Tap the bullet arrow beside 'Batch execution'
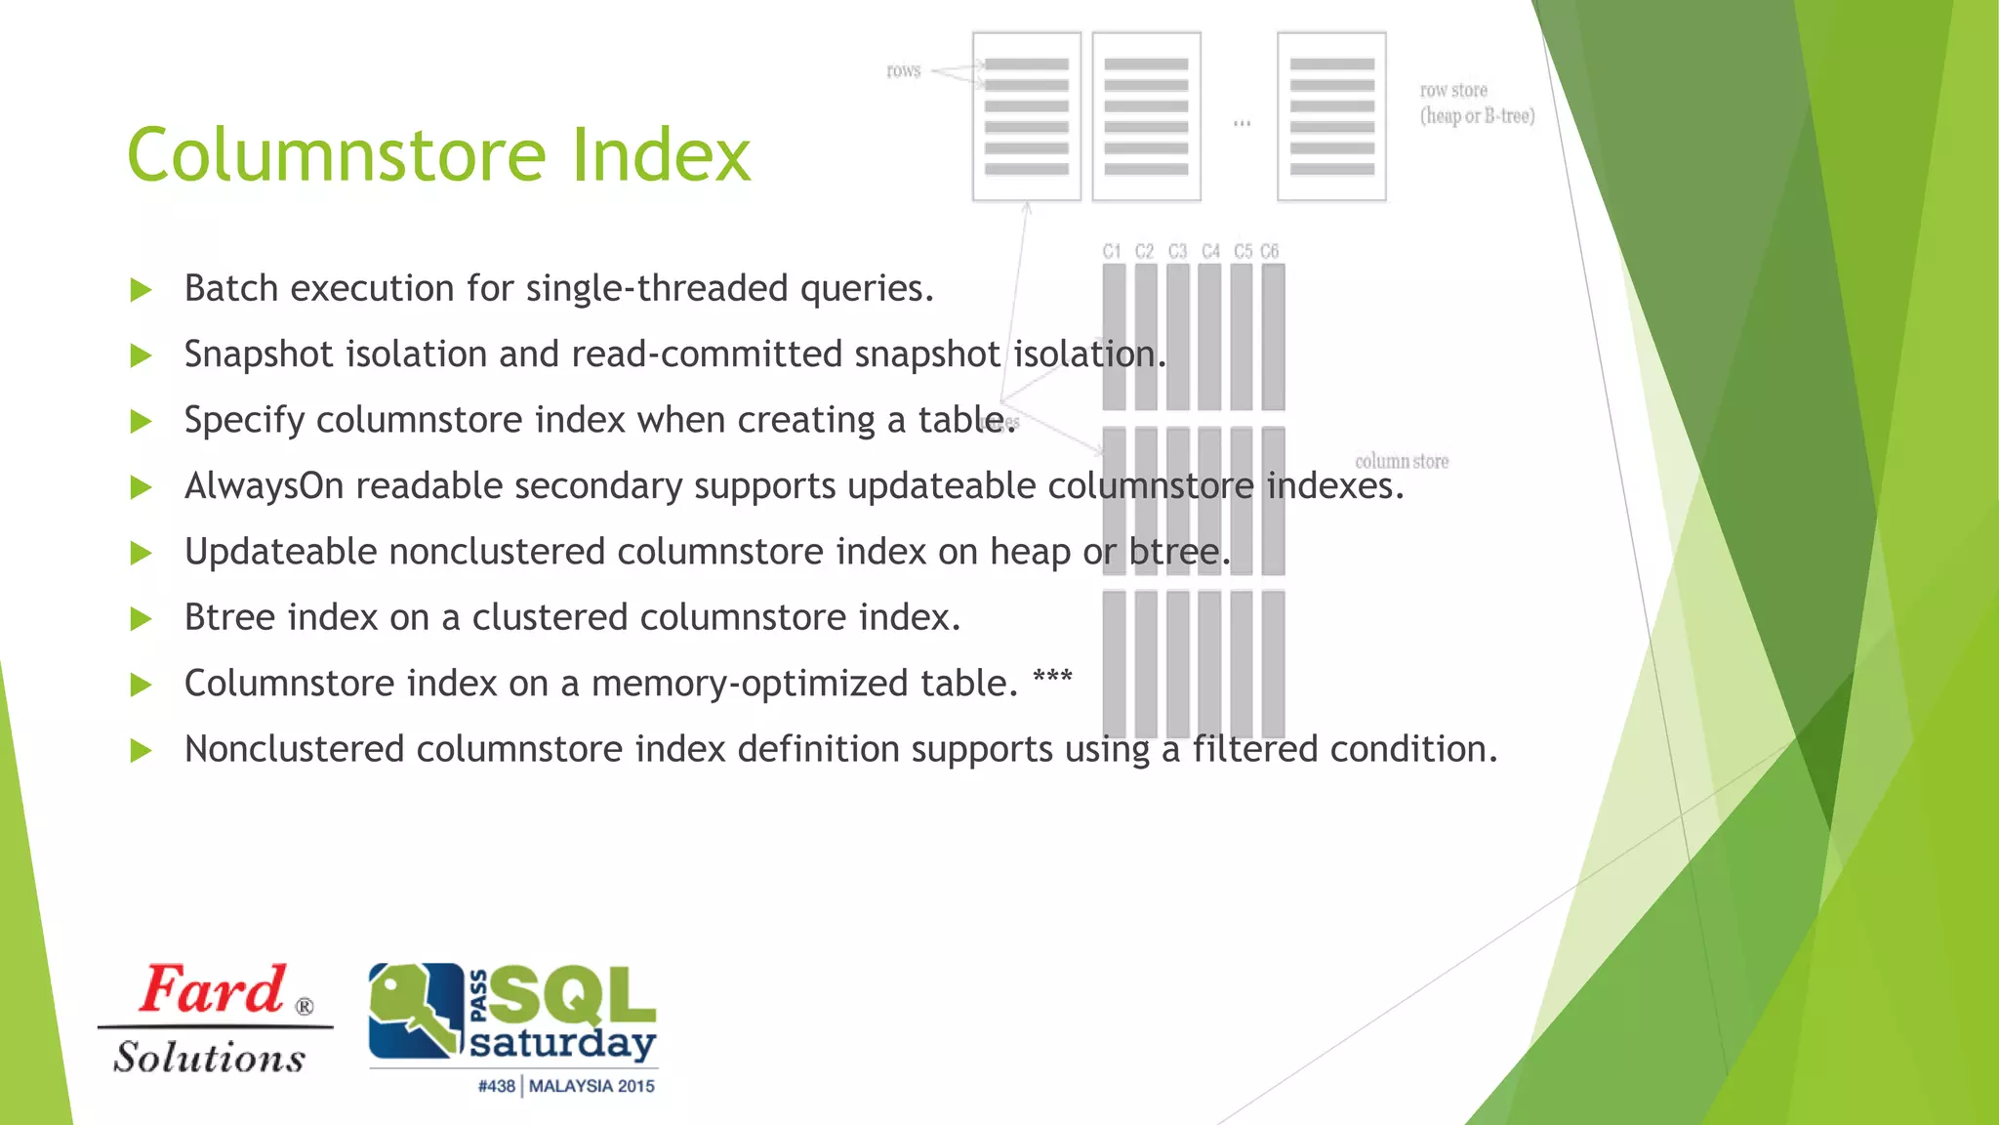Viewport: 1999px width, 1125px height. [142, 290]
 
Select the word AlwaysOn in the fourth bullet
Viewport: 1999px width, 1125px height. [264, 485]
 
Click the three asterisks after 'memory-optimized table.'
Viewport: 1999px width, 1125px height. [1052, 678]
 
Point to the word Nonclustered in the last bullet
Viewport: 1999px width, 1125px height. [294, 749]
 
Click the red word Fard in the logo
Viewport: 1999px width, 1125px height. [213, 989]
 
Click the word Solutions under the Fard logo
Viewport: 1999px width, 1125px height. [210, 1058]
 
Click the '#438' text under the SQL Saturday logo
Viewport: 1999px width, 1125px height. [496, 1086]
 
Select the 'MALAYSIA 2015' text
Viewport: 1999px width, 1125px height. [592, 1086]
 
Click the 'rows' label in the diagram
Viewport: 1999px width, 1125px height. [903, 70]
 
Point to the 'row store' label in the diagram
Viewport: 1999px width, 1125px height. [1453, 90]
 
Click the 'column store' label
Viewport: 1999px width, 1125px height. [1401, 461]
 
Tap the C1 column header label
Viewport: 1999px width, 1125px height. [1112, 251]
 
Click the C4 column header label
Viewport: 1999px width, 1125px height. [1210, 251]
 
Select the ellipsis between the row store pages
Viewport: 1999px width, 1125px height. [1242, 123]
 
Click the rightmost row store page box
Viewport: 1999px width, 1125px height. [1331, 116]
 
